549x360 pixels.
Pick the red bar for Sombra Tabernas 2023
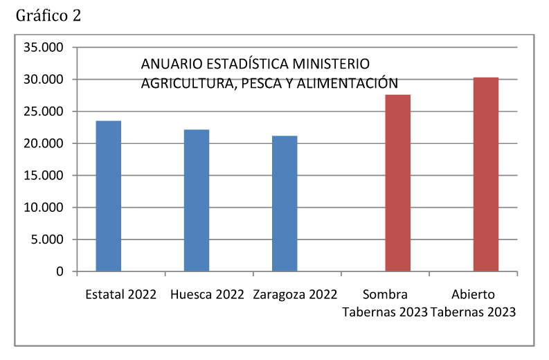[x=397, y=183]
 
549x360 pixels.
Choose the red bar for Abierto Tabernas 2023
[x=486, y=174]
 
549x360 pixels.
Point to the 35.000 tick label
[x=43, y=48]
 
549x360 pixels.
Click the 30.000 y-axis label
[x=43, y=80]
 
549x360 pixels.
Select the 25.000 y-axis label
[x=43, y=111]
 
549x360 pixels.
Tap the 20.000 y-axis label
[x=43, y=143]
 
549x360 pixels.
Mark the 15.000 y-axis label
[x=43, y=176]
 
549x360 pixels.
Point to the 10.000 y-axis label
[x=43, y=208]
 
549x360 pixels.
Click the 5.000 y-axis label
[x=46, y=240]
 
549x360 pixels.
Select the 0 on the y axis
[x=60, y=271]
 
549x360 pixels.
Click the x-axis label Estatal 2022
[x=121, y=294]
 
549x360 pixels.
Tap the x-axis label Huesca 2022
[x=206, y=294]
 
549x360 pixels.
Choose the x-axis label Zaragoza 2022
[x=295, y=294]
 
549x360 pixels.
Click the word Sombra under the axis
[x=386, y=294]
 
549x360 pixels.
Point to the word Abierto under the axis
[x=473, y=294]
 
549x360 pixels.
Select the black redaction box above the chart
[x=48, y=15]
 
